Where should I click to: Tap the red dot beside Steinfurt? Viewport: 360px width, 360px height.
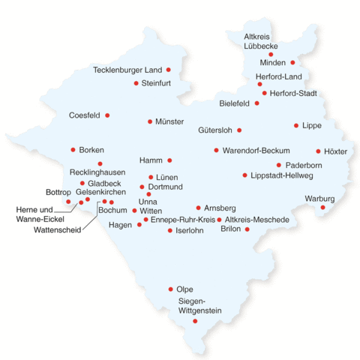point(136,83)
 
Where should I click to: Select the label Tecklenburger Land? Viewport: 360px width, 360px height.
point(127,70)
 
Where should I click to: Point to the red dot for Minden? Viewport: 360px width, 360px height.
point(292,62)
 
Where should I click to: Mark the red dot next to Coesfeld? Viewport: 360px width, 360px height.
point(107,115)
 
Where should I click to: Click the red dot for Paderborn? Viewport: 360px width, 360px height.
point(278,165)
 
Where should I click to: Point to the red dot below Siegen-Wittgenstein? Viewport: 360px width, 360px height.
point(195,321)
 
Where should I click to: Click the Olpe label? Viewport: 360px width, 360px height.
point(184,289)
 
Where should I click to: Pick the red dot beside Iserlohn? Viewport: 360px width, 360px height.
point(169,230)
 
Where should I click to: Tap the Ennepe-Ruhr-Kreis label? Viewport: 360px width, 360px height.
point(183,220)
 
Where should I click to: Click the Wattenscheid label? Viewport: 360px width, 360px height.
point(57,229)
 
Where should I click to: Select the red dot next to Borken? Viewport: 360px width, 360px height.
point(73,150)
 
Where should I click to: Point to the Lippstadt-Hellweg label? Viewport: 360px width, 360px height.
point(283,175)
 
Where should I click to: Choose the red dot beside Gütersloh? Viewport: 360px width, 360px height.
point(239,130)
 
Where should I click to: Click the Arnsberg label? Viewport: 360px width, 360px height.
point(220,207)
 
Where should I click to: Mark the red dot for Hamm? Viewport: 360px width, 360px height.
point(169,160)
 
